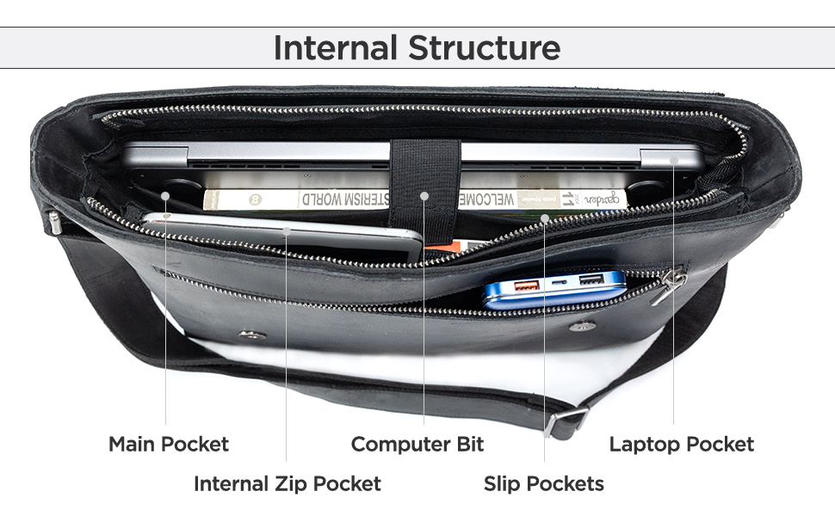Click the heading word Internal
tap(336, 47)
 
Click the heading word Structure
tap(484, 47)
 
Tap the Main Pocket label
tap(169, 445)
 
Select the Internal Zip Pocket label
tap(287, 483)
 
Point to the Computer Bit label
tap(417, 445)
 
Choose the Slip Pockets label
tap(543, 483)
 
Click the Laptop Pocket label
tap(681, 445)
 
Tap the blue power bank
tap(555, 288)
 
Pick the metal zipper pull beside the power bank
tap(670, 286)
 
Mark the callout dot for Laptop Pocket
tap(674, 160)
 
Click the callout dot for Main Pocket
tap(165, 195)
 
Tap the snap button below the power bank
tap(583, 325)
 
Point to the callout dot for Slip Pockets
tap(544, 218)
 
